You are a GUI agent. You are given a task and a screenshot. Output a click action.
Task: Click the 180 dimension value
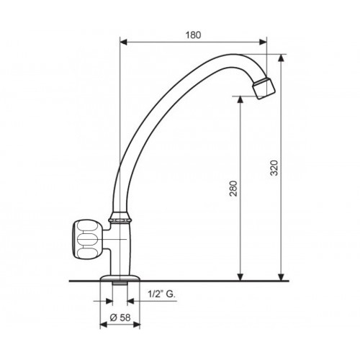[x=193, y=35]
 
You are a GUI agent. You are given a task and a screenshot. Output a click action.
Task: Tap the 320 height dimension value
[x=274, y=168]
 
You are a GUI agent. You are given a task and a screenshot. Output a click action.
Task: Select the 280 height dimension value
[x=233, y=189]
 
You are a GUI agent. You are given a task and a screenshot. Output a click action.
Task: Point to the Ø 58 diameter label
[x=120, y=318]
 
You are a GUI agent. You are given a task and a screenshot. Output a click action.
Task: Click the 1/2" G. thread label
[x=161, y=294]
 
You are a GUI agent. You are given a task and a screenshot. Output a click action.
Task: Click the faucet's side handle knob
[x=87, y=240]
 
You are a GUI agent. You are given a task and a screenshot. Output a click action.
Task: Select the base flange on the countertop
[x=120, y=278]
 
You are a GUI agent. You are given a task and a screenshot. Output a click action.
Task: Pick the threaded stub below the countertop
[x=120, y=283]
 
